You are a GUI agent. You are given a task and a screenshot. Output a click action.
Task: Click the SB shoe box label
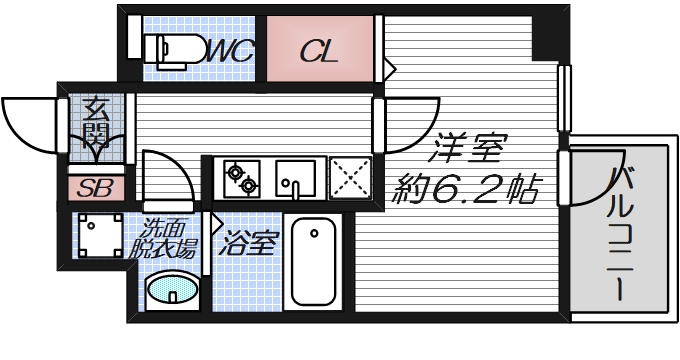click(96, 187)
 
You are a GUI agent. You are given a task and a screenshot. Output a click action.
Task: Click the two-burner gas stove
click(241, 179)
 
